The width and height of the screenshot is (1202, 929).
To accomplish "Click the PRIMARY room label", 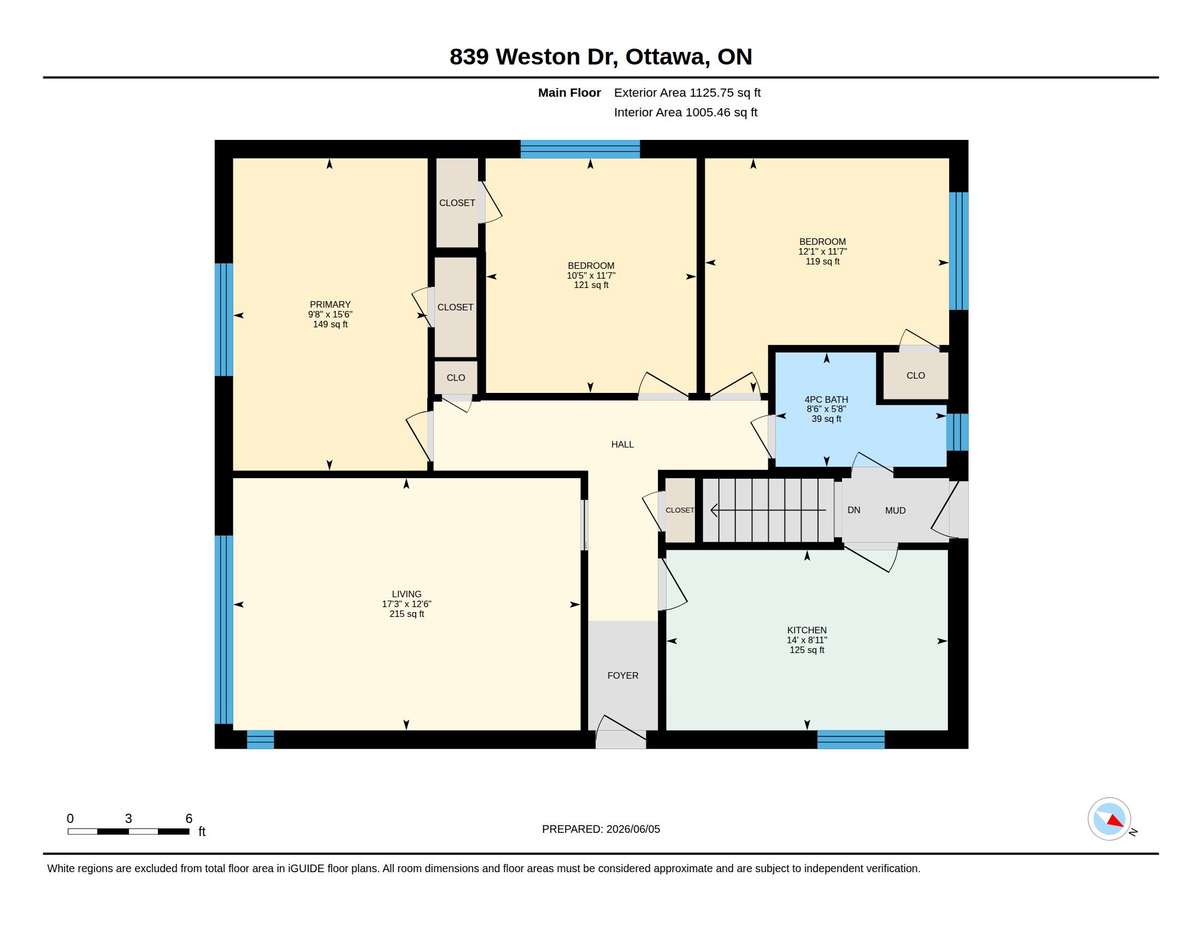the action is (329, 304).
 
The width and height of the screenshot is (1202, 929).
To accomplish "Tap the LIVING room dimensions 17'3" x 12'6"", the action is (406, 604).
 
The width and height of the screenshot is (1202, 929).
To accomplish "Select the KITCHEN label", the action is (807, 630).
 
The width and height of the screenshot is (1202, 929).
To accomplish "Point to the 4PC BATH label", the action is (826, 399).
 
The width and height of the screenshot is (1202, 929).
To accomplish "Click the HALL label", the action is (622, 444).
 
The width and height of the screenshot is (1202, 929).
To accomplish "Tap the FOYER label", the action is (623, 675).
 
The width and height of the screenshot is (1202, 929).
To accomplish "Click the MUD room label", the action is (895, 511).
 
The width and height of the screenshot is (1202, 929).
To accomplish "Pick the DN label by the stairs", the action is (853, 510).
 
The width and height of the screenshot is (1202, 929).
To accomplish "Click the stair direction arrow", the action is (768, 510).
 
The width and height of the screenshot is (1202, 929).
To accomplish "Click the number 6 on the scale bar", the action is (189, 819).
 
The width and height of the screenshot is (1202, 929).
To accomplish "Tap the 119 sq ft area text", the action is (823, 261).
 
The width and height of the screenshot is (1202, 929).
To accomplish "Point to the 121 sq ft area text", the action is (591, 285).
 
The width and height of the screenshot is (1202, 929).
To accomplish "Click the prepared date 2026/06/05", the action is (633, 829).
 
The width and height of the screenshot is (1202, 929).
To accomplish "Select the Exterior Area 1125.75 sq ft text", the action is (687, 92).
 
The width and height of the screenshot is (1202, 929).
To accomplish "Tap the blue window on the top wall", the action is (580, 149).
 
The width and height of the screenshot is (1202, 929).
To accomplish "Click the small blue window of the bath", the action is (957, 432).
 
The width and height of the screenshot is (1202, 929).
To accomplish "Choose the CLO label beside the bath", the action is (916, 375).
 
